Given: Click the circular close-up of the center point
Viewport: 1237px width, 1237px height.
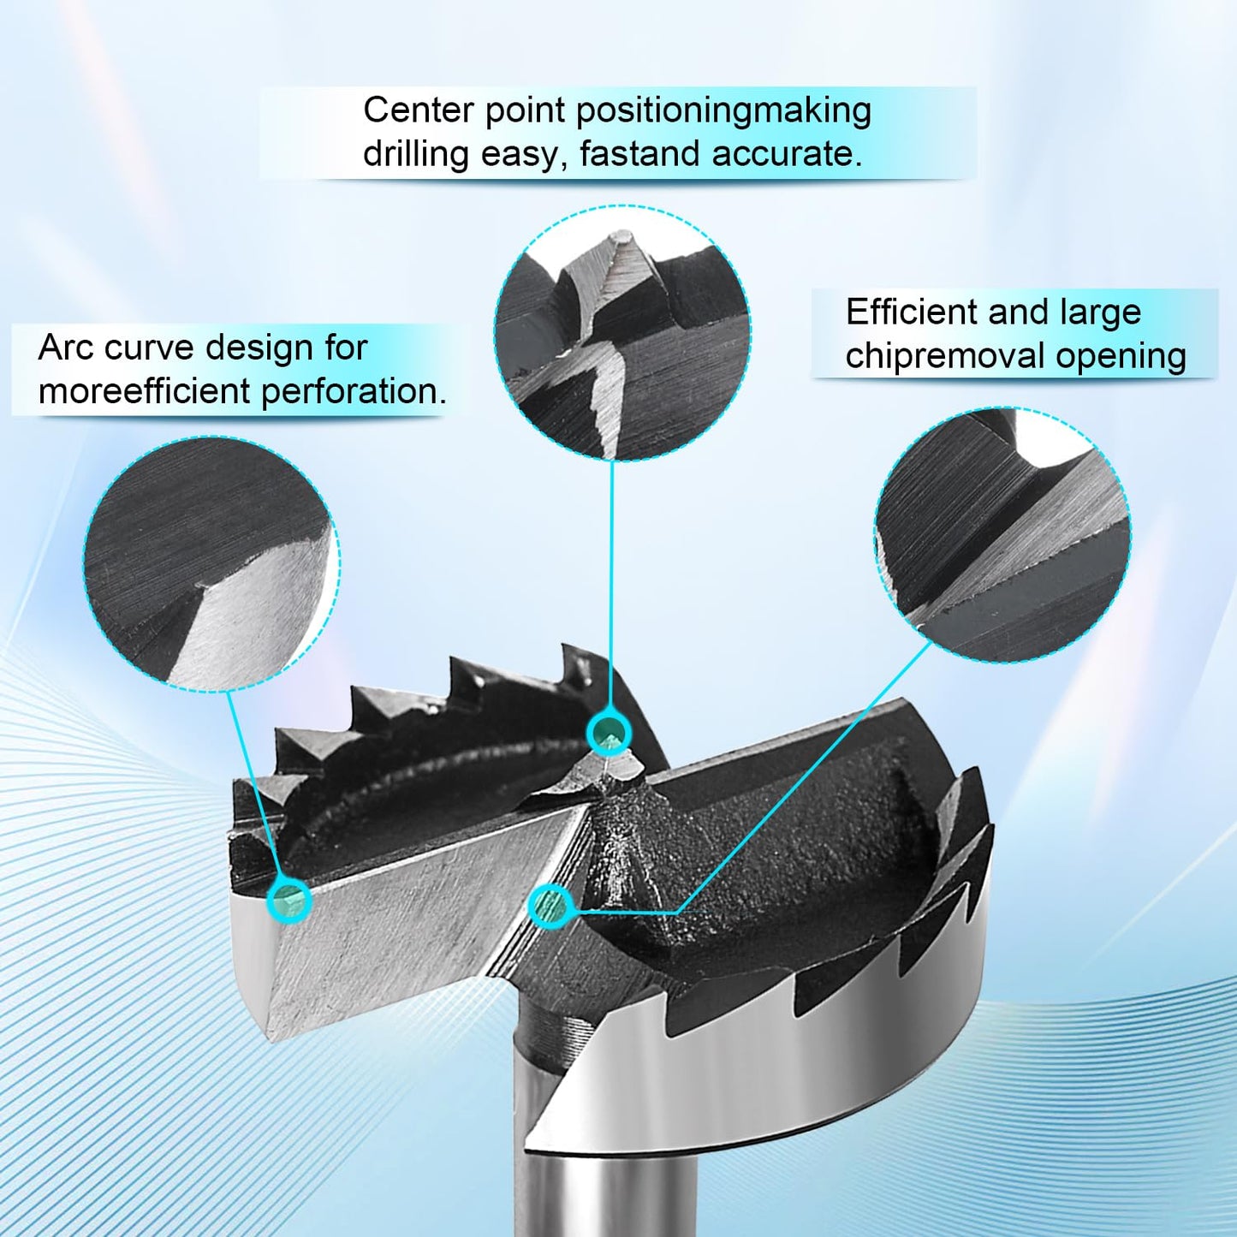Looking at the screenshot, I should (x=622, y=334).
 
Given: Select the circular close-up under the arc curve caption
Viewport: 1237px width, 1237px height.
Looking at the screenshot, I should (x=211, y=563).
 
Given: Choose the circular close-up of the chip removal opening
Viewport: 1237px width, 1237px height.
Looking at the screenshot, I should (x=1002, y=534).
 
